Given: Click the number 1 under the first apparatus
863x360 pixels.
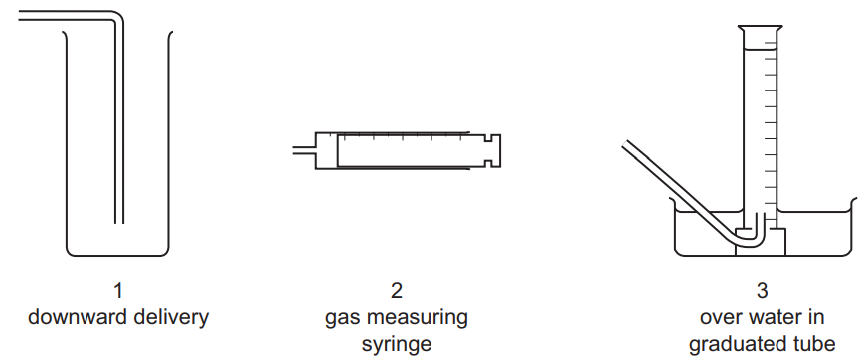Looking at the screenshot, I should tap(118, 291).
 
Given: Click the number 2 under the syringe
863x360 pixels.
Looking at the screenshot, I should tap(397, 291).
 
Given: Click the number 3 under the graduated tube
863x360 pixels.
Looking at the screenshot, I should tap(762, 291).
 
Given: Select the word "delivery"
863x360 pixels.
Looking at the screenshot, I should tap(174, 318).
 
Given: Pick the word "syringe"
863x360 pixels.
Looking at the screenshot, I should tap(397, 345).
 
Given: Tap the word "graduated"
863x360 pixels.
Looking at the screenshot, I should tap(738, 345).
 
